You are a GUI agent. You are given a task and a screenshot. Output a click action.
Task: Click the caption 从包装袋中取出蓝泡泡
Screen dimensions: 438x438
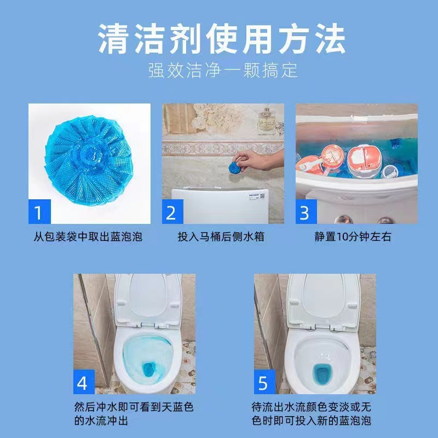pyautogui.click(x=88, y=237)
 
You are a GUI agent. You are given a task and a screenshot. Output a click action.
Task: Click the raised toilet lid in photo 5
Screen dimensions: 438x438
pyautogui.click(x=321, y=298)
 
